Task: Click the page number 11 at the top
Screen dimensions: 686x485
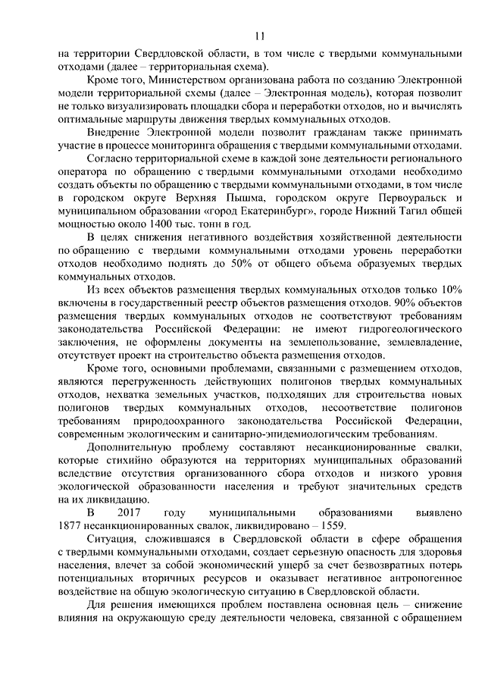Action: click(260, 36)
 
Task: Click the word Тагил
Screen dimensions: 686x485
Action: click(404, 212)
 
